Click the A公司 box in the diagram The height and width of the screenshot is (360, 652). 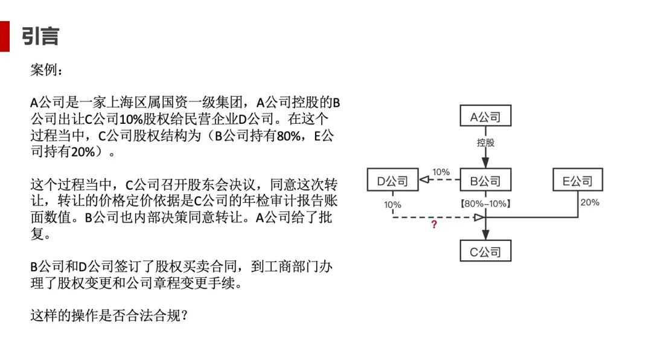(485, 117)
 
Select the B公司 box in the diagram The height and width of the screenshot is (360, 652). (485, 181)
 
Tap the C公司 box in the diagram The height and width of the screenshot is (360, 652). (485, 251)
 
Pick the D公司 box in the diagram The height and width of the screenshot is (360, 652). (392, 181)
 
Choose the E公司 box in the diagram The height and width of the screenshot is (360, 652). (578, 181)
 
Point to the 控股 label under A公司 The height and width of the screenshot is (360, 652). (485, 143)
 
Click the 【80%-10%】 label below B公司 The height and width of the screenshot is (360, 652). (485, 204)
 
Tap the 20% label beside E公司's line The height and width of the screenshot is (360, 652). (590, 203)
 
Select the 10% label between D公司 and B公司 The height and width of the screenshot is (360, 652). (441, 172)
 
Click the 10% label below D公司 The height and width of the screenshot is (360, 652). (392, 205)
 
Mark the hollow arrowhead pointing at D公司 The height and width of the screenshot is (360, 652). (424, 181)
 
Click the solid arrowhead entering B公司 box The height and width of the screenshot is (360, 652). (485, 164)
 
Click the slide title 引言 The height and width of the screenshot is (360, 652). (40, 36)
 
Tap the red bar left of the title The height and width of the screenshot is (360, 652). (5, 36)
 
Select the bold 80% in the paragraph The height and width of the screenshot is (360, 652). (284, 136)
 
